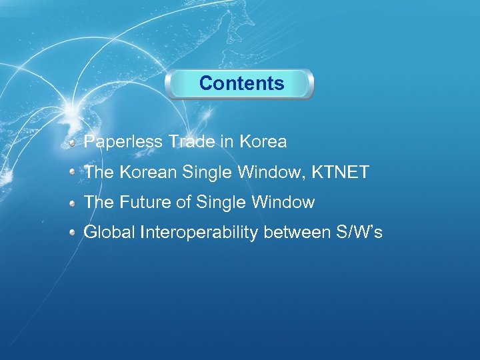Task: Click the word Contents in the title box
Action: tap(241, 83)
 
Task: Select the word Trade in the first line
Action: tap(191, 142)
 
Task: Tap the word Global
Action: tap(108, 233)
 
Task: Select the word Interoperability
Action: tap(199, 233)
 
